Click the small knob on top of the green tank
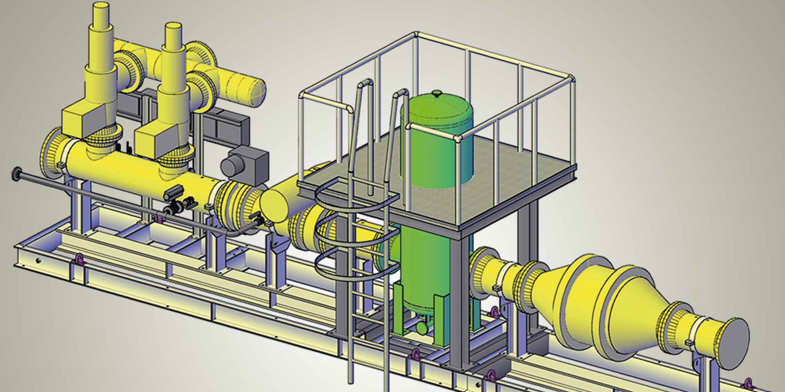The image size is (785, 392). (x=436, y=93)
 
